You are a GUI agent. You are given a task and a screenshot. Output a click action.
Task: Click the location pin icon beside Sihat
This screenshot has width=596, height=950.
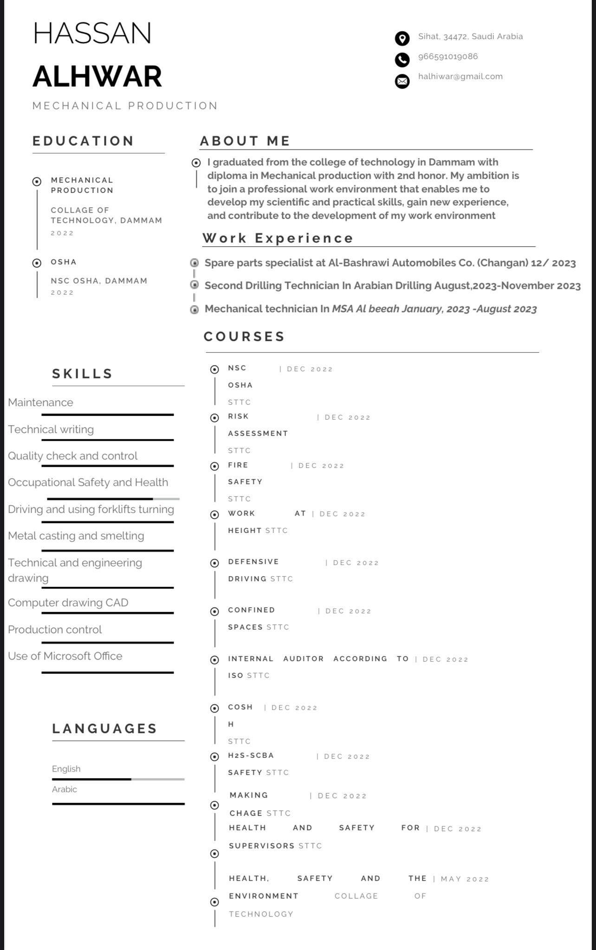pos(402,38)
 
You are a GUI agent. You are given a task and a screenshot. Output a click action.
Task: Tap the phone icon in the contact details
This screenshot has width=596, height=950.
pos(402,59)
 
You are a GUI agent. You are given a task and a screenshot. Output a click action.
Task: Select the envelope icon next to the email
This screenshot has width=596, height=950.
pos(402,81)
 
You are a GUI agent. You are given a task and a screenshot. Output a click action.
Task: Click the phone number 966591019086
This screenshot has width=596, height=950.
pos(447,57)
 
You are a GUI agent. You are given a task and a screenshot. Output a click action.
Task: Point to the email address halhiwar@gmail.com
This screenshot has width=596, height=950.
pos(460,77)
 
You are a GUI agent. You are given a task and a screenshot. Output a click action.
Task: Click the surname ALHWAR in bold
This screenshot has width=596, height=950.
pos(97,77)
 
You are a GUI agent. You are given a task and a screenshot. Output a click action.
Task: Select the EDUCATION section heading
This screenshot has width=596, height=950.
pos(83,141)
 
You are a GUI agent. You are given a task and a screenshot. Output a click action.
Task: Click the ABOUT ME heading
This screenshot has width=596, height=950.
pos(245,141)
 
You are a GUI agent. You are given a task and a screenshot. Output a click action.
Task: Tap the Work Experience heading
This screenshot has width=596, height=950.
pos(278,238)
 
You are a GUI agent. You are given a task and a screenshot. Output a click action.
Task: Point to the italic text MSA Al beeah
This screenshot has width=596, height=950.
pos(365,309)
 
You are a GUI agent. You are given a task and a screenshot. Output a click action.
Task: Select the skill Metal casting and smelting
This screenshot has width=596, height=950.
pos(76,536)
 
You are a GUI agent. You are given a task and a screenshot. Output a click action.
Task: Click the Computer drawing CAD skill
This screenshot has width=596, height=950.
pos(68,603)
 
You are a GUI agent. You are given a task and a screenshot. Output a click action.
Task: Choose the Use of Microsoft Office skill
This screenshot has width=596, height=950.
pos(65,656)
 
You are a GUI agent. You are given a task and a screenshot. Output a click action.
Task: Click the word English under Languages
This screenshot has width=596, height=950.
pos(66,769)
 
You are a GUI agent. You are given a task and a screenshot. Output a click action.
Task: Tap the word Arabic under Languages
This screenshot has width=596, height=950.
pos(65,789)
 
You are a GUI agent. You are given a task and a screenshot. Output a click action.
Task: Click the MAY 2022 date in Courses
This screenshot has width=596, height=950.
pos(465,879)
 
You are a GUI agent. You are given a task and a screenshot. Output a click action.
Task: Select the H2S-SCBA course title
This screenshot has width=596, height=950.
pos(251,755)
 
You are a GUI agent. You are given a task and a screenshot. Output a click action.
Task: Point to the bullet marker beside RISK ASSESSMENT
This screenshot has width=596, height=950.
pos(214,418)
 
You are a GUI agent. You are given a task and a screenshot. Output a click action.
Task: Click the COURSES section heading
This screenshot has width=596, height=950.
pos(244,336)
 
